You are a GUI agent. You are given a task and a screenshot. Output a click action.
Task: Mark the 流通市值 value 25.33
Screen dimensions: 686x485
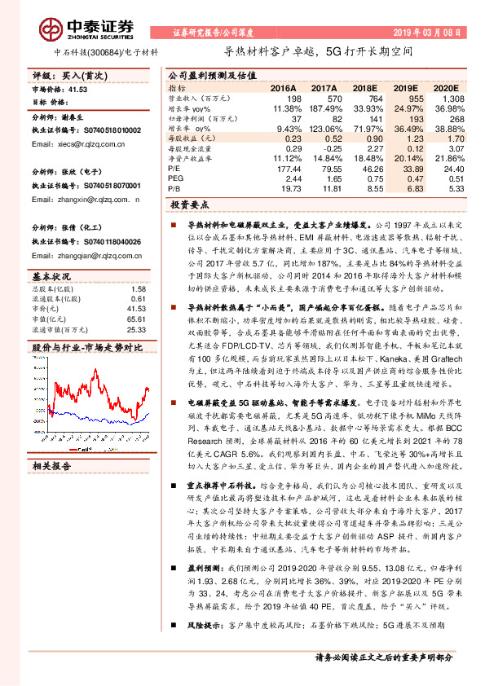tap(136, 330)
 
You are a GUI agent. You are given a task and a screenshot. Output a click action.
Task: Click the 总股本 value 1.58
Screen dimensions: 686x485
tap(138, 288)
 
